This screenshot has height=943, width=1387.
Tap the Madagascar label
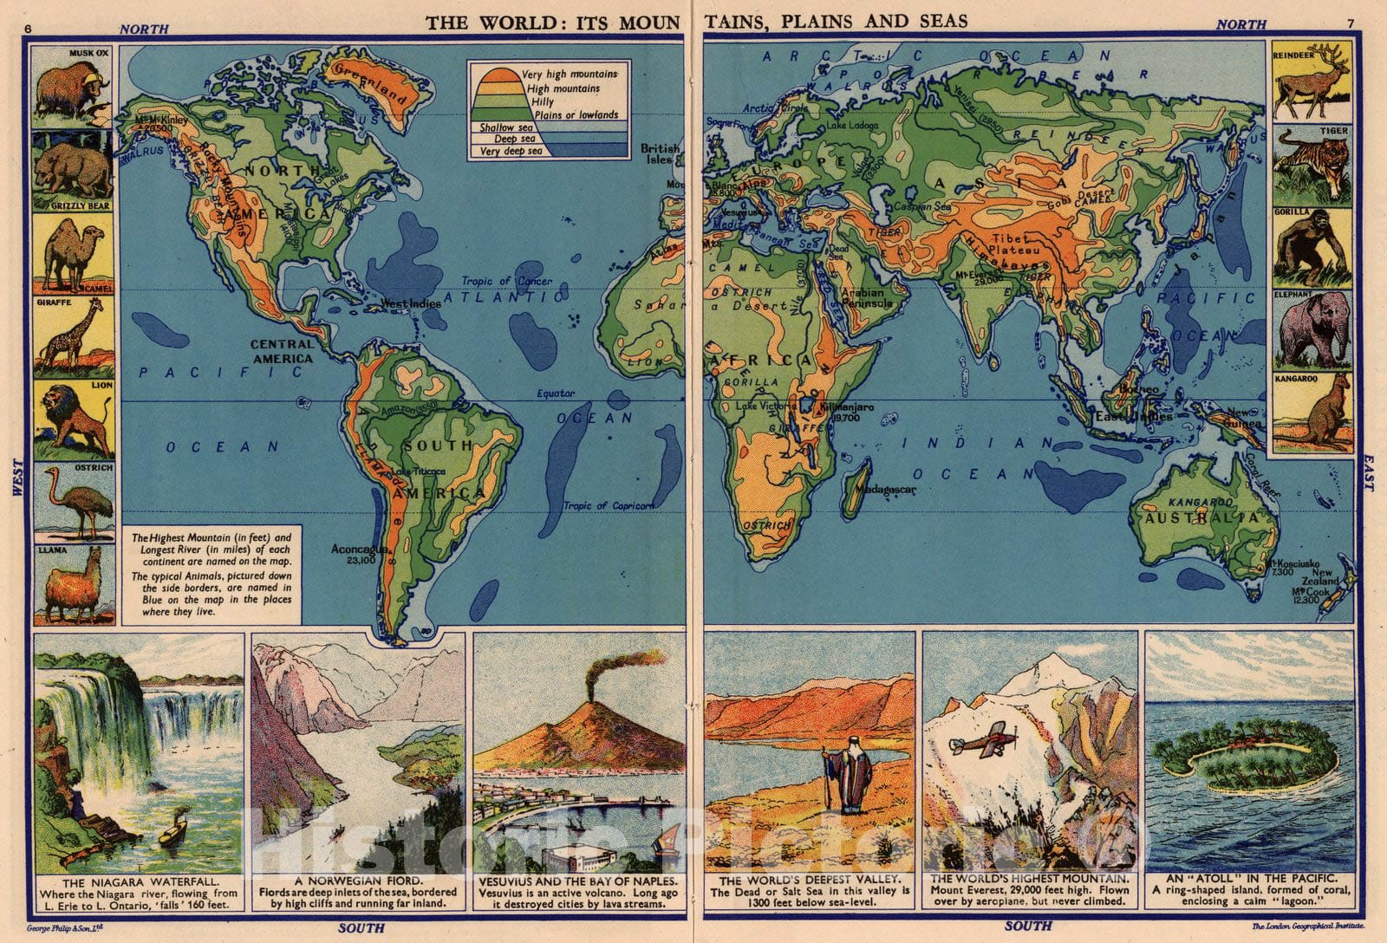tap(885, 490)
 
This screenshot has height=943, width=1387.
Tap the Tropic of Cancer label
tap(506, 282)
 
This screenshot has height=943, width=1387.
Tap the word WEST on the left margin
tap(17, 478)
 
